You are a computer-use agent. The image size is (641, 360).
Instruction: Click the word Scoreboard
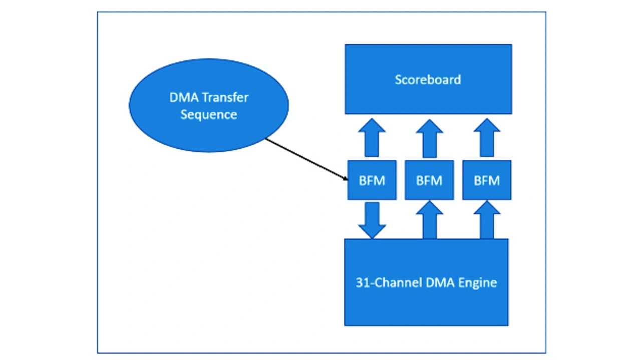[x=428, y=80]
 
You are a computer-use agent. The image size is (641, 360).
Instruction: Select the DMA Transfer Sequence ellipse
[x=209, y=105]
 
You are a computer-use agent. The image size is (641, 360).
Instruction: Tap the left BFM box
[x=372, y=180]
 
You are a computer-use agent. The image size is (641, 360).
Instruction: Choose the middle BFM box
[x=429, y=180]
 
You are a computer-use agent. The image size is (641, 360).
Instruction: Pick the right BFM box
[x=487, y=180]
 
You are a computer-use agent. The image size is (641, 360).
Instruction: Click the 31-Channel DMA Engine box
[x=426, y=282]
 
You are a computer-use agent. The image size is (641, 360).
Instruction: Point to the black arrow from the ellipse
[x=307, y=159]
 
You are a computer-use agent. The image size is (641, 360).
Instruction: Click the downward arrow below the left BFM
[x=372, y=220]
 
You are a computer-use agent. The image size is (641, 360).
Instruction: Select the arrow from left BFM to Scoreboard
[x=372, y=138]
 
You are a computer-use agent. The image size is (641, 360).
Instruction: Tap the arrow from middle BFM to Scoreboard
[x=429, y=139]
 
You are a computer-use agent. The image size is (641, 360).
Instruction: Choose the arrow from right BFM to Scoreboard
[x=487, y=138]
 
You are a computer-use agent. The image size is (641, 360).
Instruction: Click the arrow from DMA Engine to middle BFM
[x=429, y=220]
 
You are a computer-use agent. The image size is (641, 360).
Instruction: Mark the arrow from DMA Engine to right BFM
[x=487, y=220]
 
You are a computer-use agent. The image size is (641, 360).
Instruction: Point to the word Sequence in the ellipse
[x=209, y=115]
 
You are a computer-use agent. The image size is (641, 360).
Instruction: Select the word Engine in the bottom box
[x=478, y=283]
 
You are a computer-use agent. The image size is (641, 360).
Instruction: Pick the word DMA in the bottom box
[x=441, y=283]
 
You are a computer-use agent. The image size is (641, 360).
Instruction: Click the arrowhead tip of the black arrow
[x=348, y=180]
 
